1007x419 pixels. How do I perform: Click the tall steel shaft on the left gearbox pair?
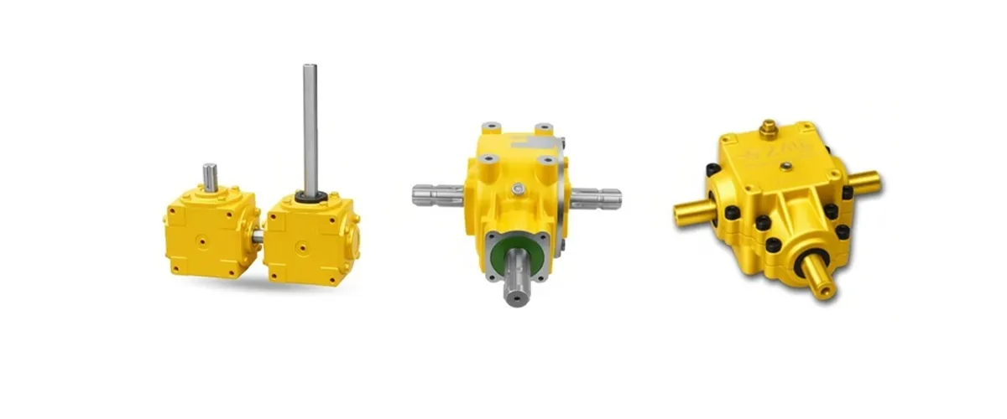310,126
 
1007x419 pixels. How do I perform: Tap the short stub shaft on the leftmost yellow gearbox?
211,177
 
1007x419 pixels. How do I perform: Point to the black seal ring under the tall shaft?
310,198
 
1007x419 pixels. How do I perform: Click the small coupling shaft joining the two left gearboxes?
258,237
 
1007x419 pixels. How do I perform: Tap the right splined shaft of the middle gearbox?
596,199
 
